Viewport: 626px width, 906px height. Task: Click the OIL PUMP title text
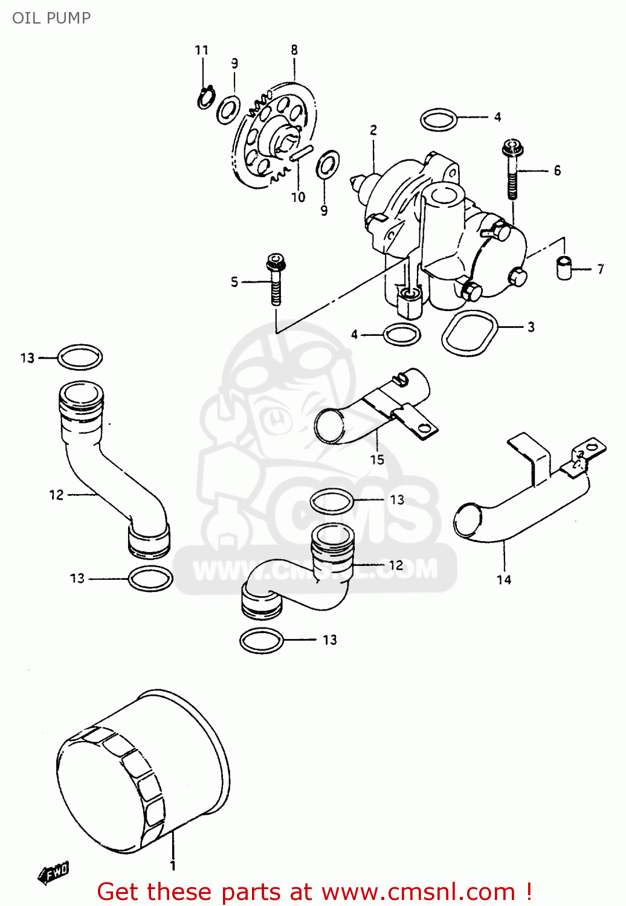pyautogui.click(x=51, y=18)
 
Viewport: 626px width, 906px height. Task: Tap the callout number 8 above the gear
pyautogui.click(x=294, y=50)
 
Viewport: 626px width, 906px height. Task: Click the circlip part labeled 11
pyautogui.click(x=205, y=97)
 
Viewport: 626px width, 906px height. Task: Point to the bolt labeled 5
pyautogui.click(x=276, y=280)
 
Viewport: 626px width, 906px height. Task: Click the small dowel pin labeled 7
pyautogui.click(x=564, y=268)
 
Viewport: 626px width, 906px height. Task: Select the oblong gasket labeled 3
pyautogui.click(x=469, y=333)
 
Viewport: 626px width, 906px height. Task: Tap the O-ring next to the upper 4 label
pyautogui.click(x=439, y=120)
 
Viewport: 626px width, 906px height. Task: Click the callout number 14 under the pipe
pyautogui.click(x=504, y=580)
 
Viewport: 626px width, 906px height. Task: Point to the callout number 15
pyautogui.click(x=377, y=460)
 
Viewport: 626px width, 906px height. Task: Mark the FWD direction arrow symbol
pyautogui.click(x=54, y=872)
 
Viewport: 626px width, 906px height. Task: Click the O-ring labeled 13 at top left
pyautogui.click(x=80, y=357)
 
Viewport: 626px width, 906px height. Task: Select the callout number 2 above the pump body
pyautogui.click(x=373, y=130)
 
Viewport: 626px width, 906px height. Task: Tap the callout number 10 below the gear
pyautogui.click(x=298, y=197)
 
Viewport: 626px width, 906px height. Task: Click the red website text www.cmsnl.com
pyautogui.click(x=418, y=892)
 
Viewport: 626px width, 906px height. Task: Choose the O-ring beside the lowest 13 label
pyautogui.click(x=262, y=640)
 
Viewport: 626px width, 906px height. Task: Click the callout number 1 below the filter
pyautogui.click(x=173, y=866)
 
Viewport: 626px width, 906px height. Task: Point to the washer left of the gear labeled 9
pyautogui.click(x=228, y=109)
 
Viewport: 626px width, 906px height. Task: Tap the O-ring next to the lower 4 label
pyautogui.click(x=402, y=334)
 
